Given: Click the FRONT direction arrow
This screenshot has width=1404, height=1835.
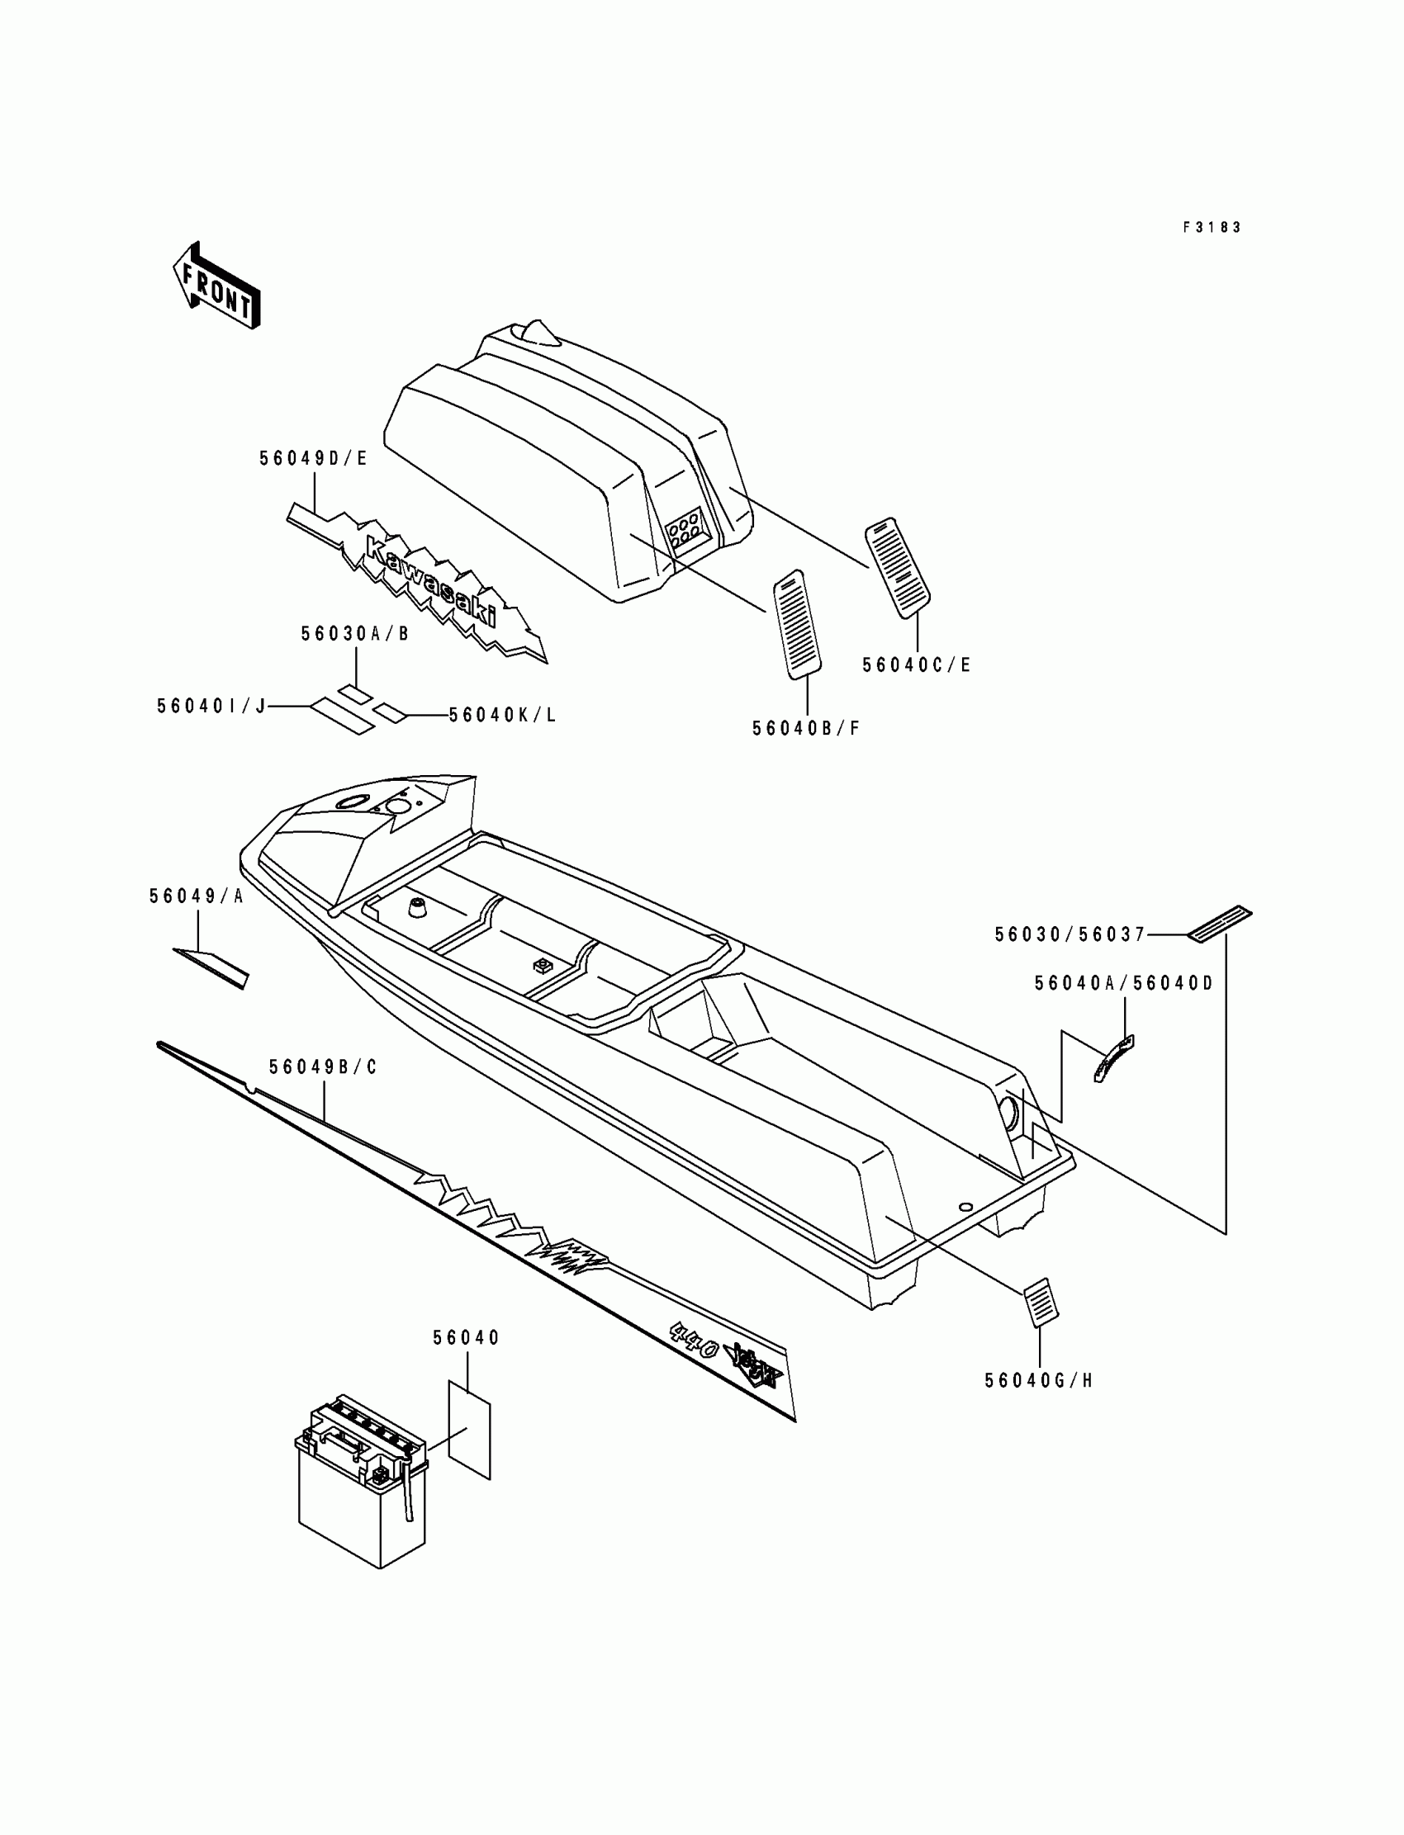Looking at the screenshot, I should [x=216, y=286].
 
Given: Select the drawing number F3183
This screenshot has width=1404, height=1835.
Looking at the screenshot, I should [x=1212, y=227].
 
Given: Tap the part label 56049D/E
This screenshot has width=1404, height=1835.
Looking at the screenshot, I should [x=313, y=458].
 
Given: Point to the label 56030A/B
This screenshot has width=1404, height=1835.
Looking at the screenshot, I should [x=355, y=634].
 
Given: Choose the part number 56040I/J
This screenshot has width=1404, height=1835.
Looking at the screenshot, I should [x=211, y=707].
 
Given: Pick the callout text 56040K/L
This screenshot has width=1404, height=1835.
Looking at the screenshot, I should [x=502, y=716].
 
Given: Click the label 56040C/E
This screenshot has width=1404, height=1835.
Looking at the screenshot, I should [x=917, y=665].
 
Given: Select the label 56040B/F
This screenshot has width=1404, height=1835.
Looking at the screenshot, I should [x=806, y=728].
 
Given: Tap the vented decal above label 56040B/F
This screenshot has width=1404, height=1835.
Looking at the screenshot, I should [x=796, y=624].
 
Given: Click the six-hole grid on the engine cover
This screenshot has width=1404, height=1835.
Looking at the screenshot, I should [x=684, y=527].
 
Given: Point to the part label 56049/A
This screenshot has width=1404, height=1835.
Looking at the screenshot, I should [x=197, y=897].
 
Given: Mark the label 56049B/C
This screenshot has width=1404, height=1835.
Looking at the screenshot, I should [x=324, y=1067].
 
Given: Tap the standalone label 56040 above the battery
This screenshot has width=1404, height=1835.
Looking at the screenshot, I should [x=467, y=1338].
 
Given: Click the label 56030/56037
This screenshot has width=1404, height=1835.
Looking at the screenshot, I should [x=1070, y=934].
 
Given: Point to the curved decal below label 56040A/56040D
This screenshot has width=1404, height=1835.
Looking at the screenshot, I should [x=1113, y=1058].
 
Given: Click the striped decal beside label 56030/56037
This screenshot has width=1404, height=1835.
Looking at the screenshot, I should [x=1220, y=924].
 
